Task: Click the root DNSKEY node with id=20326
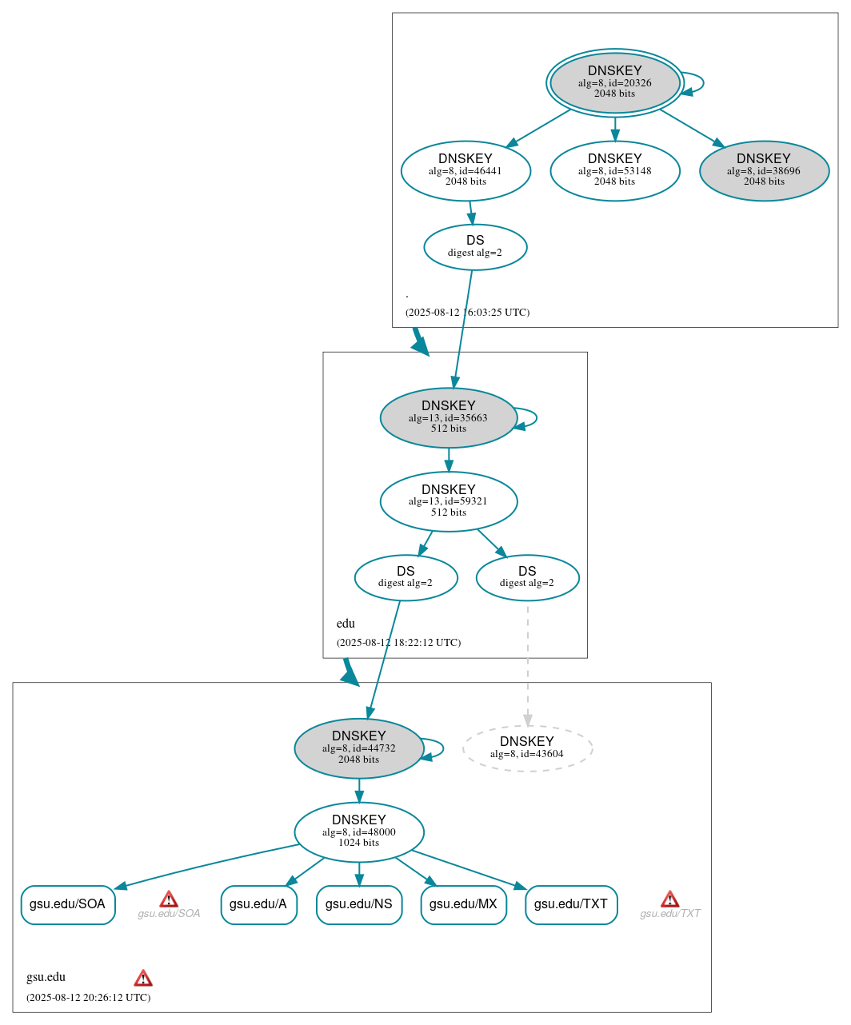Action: pos(614,82)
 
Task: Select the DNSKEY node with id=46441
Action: pos(465,170)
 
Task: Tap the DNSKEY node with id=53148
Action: pos(614,170)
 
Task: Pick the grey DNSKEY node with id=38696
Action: pos(764,170)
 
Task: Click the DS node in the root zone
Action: pos(475,247)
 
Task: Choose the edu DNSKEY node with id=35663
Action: pos(448,417)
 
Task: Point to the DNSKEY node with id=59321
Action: pos(448,501)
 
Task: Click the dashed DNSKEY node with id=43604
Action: pos(527,748)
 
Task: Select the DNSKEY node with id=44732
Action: pos(358,748)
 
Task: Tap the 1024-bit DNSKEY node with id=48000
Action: pos(358,832)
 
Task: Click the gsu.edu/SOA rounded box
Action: pos(68,904)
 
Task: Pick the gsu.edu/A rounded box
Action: pos(258,904)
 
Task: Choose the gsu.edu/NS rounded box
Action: pos(358,904)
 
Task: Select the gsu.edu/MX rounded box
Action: pos(463,904)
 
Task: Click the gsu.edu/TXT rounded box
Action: pos(571,904)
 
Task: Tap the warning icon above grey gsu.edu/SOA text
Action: pos(169,899)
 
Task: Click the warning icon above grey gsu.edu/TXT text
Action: pos(670,899)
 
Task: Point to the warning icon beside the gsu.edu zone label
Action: pos(143,978)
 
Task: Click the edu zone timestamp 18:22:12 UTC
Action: pos(398,643)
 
